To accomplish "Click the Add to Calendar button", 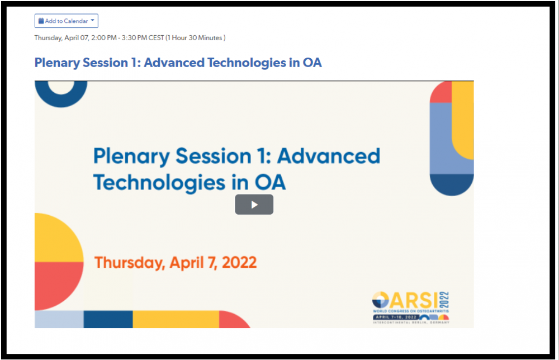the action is tap(67, 21).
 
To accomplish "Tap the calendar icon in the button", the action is tap(41, 21).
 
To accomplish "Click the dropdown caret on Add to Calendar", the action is tap(92, 20).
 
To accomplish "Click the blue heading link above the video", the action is tap(178, 63).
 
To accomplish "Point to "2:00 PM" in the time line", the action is tap(104, 38).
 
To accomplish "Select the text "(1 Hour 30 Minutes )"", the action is tap(195, 38).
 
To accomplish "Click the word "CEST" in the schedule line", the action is tap(156, 38).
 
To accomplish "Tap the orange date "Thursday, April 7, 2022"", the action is tap(176, 263).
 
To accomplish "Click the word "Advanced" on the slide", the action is tap(329, 156).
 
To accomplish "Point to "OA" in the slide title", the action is tap(270, 182).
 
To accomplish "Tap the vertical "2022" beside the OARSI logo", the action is tap(444, 300).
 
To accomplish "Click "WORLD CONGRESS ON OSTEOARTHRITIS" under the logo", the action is tap(411, 311).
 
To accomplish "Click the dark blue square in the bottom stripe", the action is tap(108, 319).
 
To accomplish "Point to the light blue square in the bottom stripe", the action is tap(59, 319).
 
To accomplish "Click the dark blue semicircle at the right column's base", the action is tap(452, 183).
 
